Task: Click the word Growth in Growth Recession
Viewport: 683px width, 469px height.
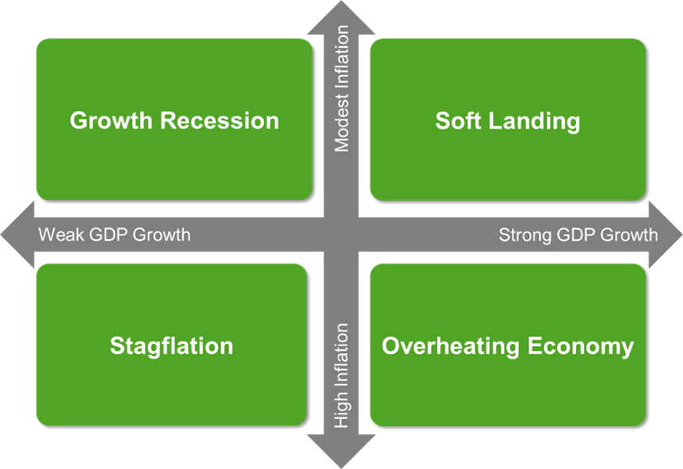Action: coord(112,121)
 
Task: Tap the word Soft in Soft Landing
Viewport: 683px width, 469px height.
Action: coord(457,121)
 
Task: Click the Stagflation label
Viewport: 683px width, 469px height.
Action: coord(171,346)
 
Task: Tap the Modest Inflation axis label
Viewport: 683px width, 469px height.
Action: coord(341,88)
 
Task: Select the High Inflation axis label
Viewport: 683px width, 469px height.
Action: coord(341,376)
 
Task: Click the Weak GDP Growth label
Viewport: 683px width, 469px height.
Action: coord(114,234)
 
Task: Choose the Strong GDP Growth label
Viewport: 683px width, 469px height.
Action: coord(578,234)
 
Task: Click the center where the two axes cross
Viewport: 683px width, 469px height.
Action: coord(341,234)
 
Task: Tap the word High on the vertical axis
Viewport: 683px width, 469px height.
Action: coord(341,413)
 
